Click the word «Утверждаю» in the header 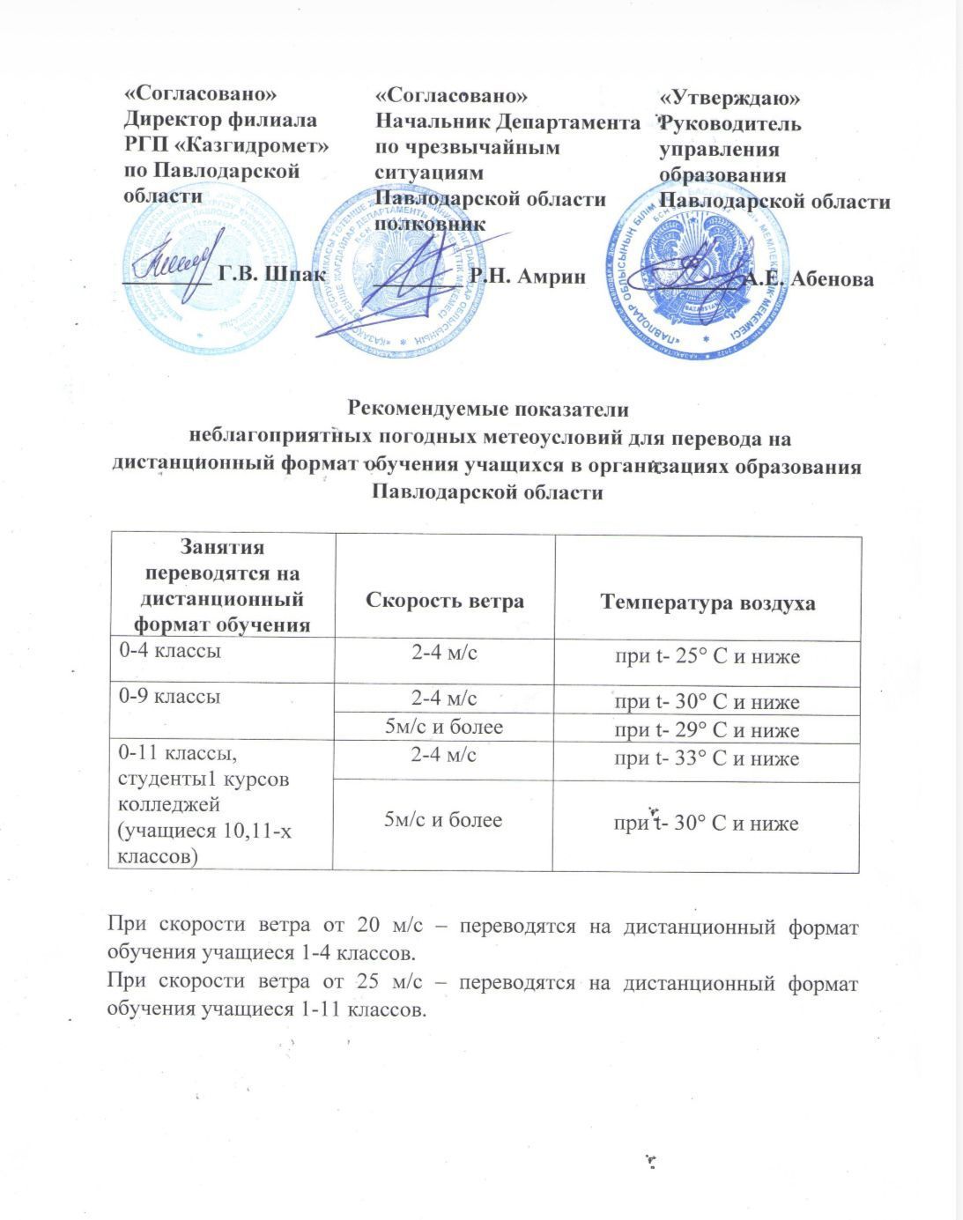730,99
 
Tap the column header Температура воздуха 707,603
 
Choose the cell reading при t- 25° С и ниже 707,656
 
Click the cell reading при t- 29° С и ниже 707,730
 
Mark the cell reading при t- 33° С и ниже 707,758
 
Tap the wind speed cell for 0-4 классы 445,653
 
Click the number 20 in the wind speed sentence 369,926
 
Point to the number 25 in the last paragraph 369,983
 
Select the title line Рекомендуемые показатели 489,409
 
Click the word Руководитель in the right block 730,124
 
